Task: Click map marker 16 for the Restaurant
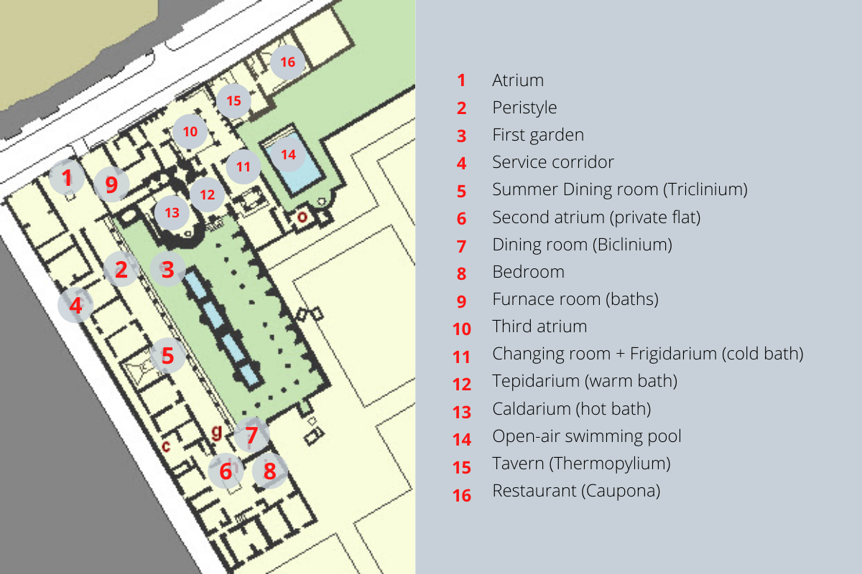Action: [x=288, y=62]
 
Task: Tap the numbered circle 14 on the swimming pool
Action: [x=288, y=154]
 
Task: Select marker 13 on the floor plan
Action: [x=172, y=212]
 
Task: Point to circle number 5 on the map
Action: [x=168, y=356]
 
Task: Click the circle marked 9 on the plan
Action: [x=111, y=184]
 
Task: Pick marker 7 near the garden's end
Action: [x=251, y=436]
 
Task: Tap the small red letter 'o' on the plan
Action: [x=302, y=217]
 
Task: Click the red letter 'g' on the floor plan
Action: [x=217, y=432]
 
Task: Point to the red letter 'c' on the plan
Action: [x=166, y=446]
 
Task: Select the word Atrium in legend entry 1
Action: [x=518, y=80]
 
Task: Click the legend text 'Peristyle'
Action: [x=524, y=108]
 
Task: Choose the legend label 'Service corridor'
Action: [x=553, y=162]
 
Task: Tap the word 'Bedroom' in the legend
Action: [x=529, y=272]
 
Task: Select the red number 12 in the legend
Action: [x=462, y=385]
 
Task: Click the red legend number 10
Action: [x=462, y=329]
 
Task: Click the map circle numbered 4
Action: [x=75, y=305]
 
